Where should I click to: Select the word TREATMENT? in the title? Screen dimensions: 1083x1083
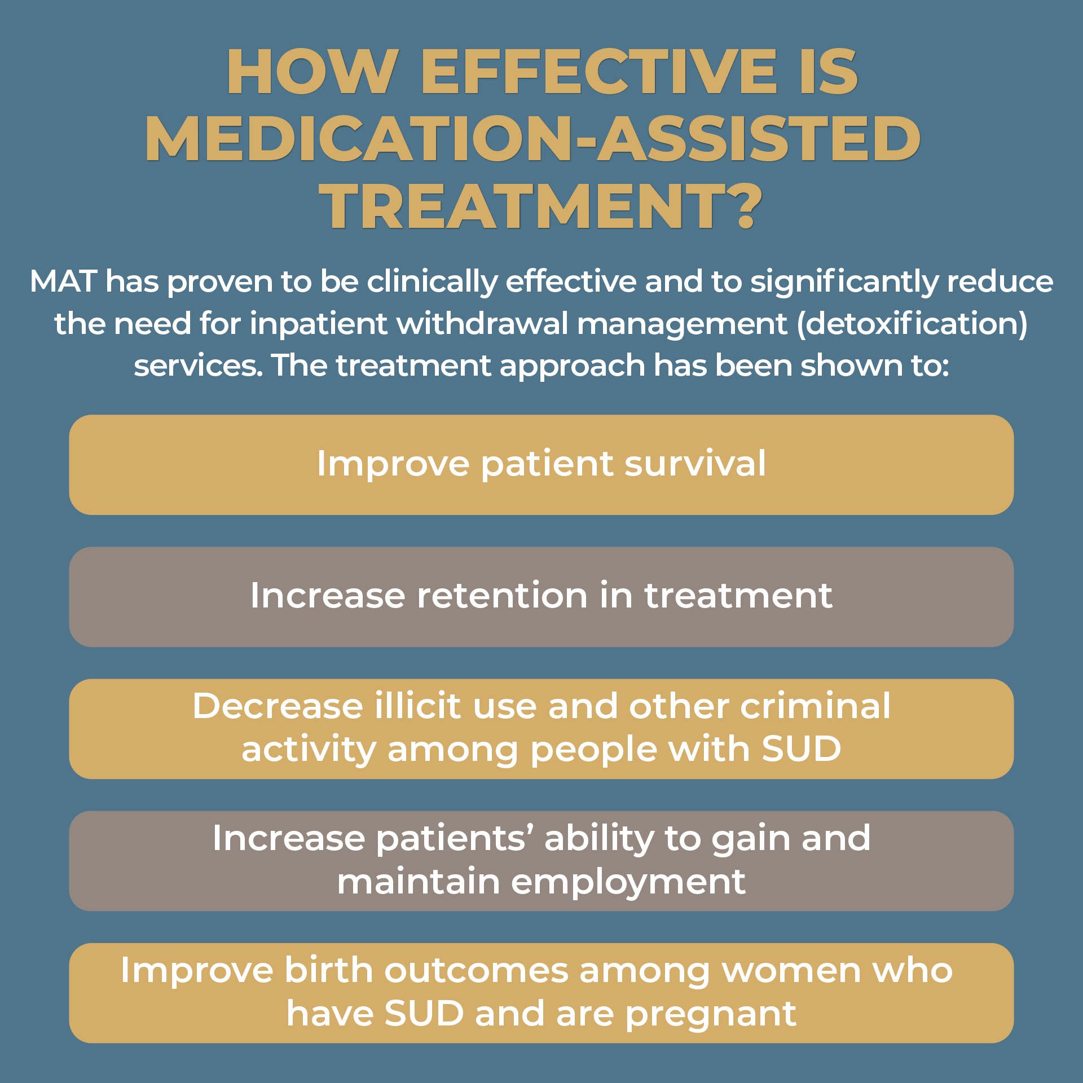pos(540,206)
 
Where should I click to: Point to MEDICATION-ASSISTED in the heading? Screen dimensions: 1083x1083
pos(533,139)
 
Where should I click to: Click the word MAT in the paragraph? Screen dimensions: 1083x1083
pos(63,281)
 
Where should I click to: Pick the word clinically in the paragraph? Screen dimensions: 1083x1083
pos(432,282)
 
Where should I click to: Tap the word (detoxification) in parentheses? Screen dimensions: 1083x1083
pos(912,324)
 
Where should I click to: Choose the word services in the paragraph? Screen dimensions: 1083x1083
pos(197,366)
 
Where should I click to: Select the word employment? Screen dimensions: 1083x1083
pos(628,882)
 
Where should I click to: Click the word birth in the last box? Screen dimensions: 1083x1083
pos(328,971)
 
